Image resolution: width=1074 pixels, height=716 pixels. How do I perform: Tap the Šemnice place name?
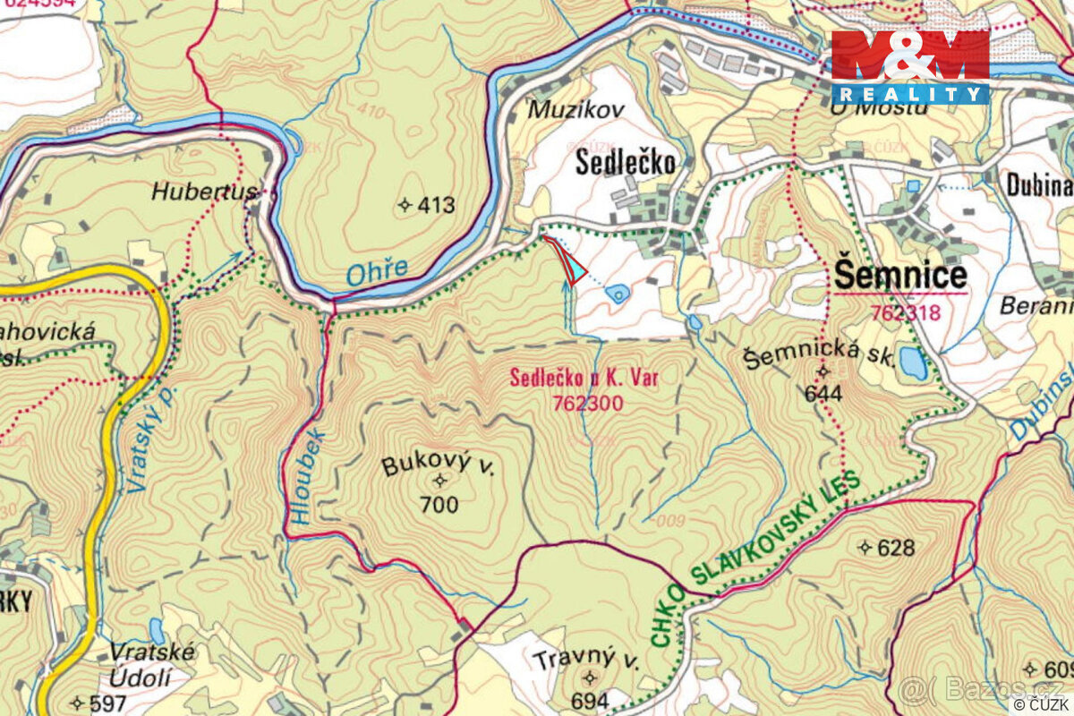pos(899,276)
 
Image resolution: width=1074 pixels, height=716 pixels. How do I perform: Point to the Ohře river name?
pos(376,268)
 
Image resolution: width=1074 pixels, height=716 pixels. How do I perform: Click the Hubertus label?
pos(204,191)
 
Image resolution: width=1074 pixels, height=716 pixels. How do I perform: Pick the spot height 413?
pos(436,205)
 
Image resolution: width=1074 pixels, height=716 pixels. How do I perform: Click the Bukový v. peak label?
pos(438,466)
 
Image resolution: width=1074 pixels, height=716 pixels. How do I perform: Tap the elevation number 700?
pos(439,505)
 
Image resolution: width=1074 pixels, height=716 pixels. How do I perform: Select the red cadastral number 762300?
pos(587,404)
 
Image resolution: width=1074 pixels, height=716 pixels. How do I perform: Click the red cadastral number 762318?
pos(904,312)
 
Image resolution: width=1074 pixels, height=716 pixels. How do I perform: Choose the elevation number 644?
pos(823,393)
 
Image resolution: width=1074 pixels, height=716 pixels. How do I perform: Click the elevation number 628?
pos(895,548)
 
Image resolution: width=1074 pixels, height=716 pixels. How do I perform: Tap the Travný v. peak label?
pos(587,661)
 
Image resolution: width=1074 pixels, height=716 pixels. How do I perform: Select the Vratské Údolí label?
pos(151,663)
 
